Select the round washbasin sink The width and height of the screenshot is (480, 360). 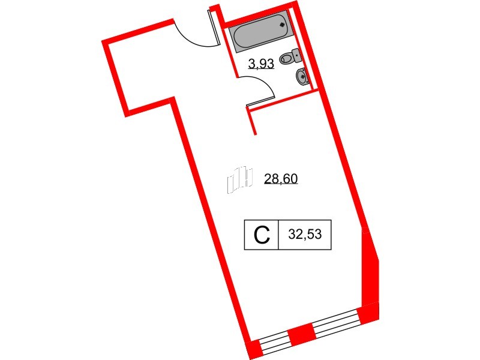click(x=302, y=77)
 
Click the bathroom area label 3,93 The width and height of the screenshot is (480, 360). click(x=262, y=64)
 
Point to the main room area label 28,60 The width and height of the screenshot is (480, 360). click(x=281, y=179)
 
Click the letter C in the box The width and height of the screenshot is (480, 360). click(x=262, y=235)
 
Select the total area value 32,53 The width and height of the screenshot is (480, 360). click(x=305, y=235)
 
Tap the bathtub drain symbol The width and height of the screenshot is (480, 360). click(x=282, y=25)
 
